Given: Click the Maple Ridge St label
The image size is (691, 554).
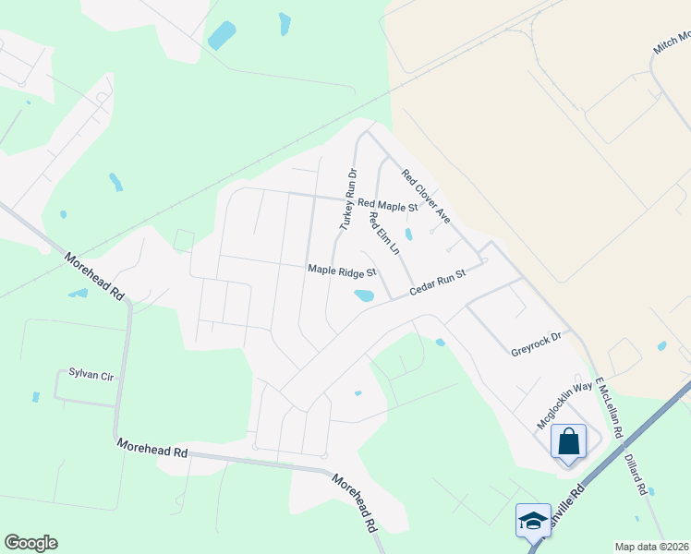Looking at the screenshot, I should point(342,271).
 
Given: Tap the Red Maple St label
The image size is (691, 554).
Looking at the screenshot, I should point(388,205).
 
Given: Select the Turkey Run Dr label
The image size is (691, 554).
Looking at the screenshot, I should point(347,199).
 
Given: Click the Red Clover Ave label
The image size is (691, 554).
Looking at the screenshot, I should point(426,196).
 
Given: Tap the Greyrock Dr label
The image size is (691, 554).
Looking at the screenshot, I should point(536,344).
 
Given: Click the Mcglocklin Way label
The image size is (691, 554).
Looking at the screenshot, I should point(564,406).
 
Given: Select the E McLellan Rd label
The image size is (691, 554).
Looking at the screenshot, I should point(611,407).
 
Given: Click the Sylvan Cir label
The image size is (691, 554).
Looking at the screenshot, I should point(90,374).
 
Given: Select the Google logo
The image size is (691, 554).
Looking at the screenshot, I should point(30,543).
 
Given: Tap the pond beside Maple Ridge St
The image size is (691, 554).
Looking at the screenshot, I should point(363,296).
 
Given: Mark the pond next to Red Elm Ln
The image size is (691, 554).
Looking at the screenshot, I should point(408,235).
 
